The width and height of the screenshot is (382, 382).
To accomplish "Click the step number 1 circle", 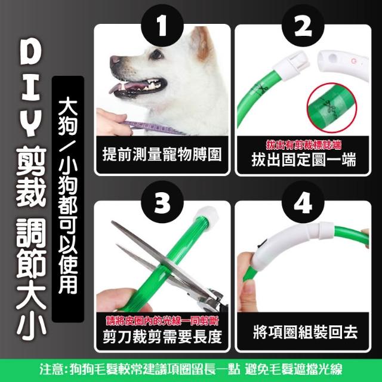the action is [162, 25].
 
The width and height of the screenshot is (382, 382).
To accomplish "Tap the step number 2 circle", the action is [303, 25].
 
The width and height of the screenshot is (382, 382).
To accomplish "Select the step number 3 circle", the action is [162, 202].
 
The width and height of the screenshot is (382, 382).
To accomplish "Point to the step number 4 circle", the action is [303, 202].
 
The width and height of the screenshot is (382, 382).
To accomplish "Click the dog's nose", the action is [115, 60].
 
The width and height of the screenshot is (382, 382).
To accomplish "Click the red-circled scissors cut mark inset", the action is [332, 107].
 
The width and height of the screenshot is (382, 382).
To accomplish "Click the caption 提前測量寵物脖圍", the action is [162, 155].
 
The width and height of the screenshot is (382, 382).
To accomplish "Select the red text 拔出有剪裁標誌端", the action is [304, 145].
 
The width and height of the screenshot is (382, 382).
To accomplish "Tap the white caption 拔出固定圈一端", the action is [304, 159].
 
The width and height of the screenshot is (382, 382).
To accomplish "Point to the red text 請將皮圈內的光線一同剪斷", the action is [162, 321].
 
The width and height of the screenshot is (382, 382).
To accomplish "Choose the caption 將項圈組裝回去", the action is [305, 332].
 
